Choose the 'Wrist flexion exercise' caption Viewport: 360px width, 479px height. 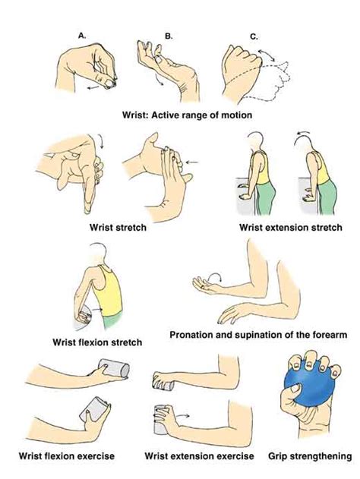tap(66, 456)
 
